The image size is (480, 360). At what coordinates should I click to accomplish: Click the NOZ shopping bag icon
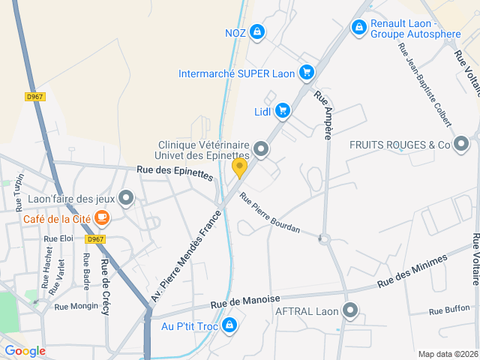257,31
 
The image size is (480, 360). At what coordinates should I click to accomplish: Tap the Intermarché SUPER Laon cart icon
306,73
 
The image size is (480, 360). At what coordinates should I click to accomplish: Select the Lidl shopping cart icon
282,111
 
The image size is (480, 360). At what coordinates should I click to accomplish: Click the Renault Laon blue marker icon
359,28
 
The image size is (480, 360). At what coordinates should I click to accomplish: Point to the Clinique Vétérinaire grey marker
261,149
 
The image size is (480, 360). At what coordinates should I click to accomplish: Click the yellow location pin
239,168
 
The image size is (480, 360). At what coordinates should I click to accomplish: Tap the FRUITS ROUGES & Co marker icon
461,144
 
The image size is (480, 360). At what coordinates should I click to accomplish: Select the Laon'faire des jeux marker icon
126,199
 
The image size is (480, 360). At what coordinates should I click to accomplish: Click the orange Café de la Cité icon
102,218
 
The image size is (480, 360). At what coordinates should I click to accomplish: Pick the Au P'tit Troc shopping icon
229,325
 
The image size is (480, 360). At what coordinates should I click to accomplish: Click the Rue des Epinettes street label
175,173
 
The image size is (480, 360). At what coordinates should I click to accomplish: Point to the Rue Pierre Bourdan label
270,212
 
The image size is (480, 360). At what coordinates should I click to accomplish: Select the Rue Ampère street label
323,115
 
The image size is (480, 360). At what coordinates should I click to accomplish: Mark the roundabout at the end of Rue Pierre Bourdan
325,240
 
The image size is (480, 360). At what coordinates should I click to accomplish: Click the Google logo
25,351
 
